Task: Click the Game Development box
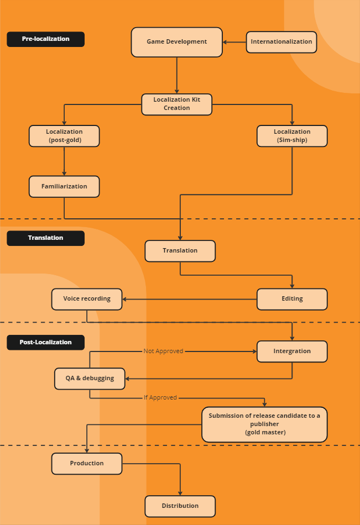[x=176, y=42]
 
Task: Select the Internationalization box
[x=281, y=42]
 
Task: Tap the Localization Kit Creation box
[x=176, y=104]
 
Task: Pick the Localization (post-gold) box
[x=64, y=136]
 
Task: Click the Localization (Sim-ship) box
[x=292, y=136]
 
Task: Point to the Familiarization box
[x=64, y=186]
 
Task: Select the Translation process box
[x=180, y=251]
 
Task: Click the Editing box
[x=292, y=299]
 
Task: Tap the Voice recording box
[x=87, y=299]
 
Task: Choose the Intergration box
[x=292, y=351]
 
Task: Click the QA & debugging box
[x=90, y=379]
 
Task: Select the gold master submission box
[x=264, y=424]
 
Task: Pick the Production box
[x=87, y=464]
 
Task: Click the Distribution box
[x=180, y=506]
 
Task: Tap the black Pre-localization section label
[x=45, y=39]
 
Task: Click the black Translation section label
[x=45, y=238]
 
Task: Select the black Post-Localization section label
[x=45, y=343]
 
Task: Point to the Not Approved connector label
[x=163, y=351]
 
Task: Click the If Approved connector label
[x=160, y=398]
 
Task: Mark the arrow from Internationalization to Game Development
[x=234, y=42]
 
